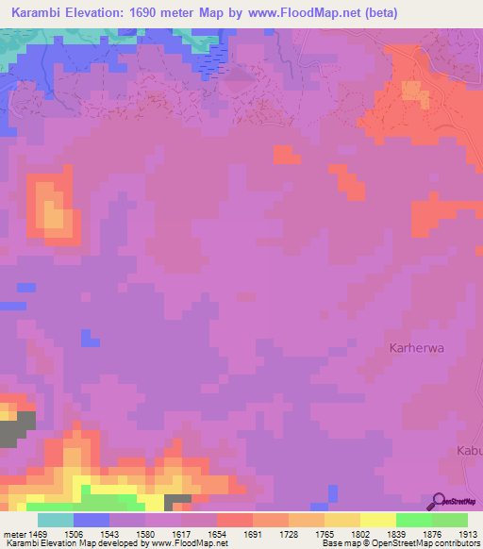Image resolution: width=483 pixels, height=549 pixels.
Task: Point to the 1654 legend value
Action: pos(217,534)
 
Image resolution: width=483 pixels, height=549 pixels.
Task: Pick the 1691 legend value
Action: pos(252,534)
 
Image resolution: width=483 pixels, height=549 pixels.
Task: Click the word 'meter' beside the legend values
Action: pos(15,534)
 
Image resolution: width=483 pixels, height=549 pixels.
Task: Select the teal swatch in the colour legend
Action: pos(56,520)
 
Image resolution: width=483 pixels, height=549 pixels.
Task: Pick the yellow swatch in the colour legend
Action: pos(378,520)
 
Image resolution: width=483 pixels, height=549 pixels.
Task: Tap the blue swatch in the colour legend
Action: pos(92,520)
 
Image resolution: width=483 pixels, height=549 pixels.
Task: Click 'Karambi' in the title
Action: pos(40,13)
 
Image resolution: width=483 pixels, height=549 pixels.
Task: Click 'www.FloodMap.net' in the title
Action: pos(291,13)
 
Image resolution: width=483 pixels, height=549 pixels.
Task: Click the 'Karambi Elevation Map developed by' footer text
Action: pos(62,543)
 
